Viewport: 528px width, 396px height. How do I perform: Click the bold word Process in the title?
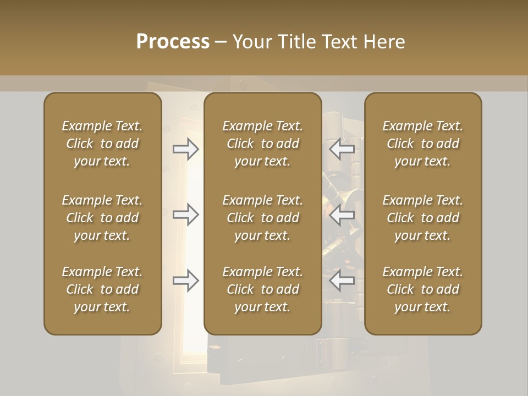pyautogui.click(x=173, y=42)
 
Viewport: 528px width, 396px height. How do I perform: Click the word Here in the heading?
pyautogui.click(x=384, y=42)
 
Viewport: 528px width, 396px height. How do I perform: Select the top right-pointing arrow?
pyautogui.click(x=186, y=149)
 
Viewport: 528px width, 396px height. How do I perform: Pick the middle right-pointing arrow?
pyautogui.click(x=186, y=215)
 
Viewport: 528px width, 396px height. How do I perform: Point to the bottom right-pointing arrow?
pyautogui.click(x=186, y=281)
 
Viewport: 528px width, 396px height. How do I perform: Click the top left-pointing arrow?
pyautogui.click(x=342, y=149)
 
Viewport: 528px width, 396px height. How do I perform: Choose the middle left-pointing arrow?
pyautogui.click(x=342, y=215)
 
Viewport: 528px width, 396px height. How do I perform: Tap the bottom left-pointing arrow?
pyautogui.click(x=342, y=281)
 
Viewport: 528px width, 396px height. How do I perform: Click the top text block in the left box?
pyautogui.click(x=102, y=144)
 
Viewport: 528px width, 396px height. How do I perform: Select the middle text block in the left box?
pyautogui.click(x=102, y=218)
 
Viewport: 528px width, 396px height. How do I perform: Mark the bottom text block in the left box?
pyautogui.click(x=102, y=289)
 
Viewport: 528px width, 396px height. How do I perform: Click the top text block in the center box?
pyautogui.click(x=262, y=144)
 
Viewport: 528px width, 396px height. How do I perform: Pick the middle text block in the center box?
pyautogui.click(x=262, y=218)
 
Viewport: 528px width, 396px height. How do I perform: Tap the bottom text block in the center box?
pyautogui.click(x=262, y=289)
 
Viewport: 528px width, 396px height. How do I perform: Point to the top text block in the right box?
pyautogui.click(x=422, y=144)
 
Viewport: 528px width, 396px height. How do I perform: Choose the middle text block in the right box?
pyautogui.click(x=422, y=218)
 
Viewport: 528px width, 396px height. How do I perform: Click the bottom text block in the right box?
pyautogui.click(x=422, y=289)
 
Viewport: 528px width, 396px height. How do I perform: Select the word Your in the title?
pyautogui.click(x=252, y=42)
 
